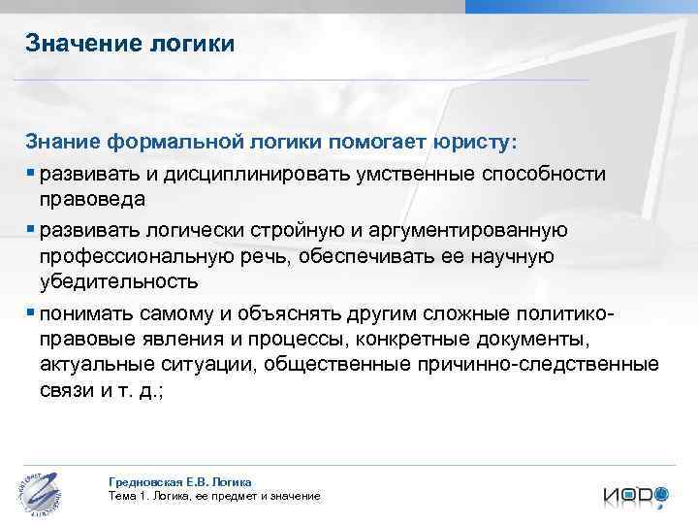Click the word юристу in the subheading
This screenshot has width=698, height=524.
[x=475, y=142]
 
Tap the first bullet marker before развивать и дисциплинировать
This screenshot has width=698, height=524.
[x=31, y=173]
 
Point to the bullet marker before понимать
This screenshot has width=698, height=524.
[x=31, y=311]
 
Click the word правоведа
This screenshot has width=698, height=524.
[x=92, y=200]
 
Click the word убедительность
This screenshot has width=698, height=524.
[x=119, y=282]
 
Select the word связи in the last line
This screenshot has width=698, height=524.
[x=67, y=392]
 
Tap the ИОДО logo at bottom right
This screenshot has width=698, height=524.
[x=635, y=494]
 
